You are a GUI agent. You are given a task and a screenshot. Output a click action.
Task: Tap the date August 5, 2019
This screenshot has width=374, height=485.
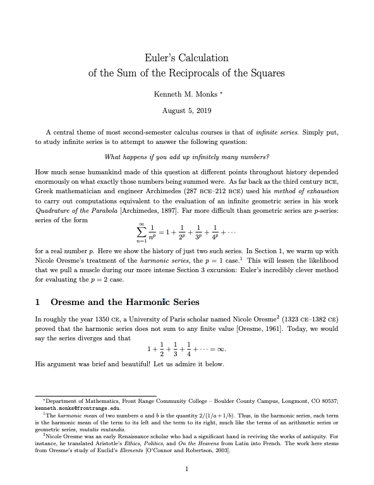tap(186, 110)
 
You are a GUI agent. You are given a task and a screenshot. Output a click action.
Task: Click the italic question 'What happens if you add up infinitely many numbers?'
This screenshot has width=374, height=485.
tap(187, 157)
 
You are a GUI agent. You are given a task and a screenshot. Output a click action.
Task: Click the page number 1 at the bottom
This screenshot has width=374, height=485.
tap(187, 469)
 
